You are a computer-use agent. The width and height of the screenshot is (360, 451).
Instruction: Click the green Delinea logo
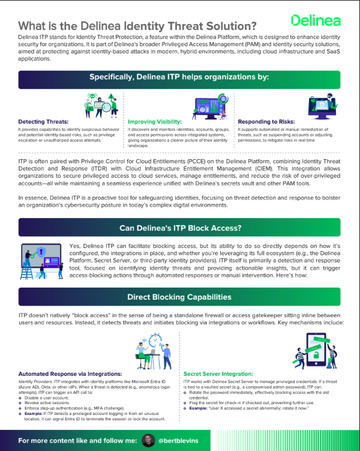point(316,20)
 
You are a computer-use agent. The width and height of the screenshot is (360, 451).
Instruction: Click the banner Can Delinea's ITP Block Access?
point(179,228)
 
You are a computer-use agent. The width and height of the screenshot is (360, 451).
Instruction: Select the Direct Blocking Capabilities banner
point(179,297)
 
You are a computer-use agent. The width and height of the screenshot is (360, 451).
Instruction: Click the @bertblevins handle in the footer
point(179,441)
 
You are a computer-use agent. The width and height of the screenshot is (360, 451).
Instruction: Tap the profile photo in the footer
point(146,441)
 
